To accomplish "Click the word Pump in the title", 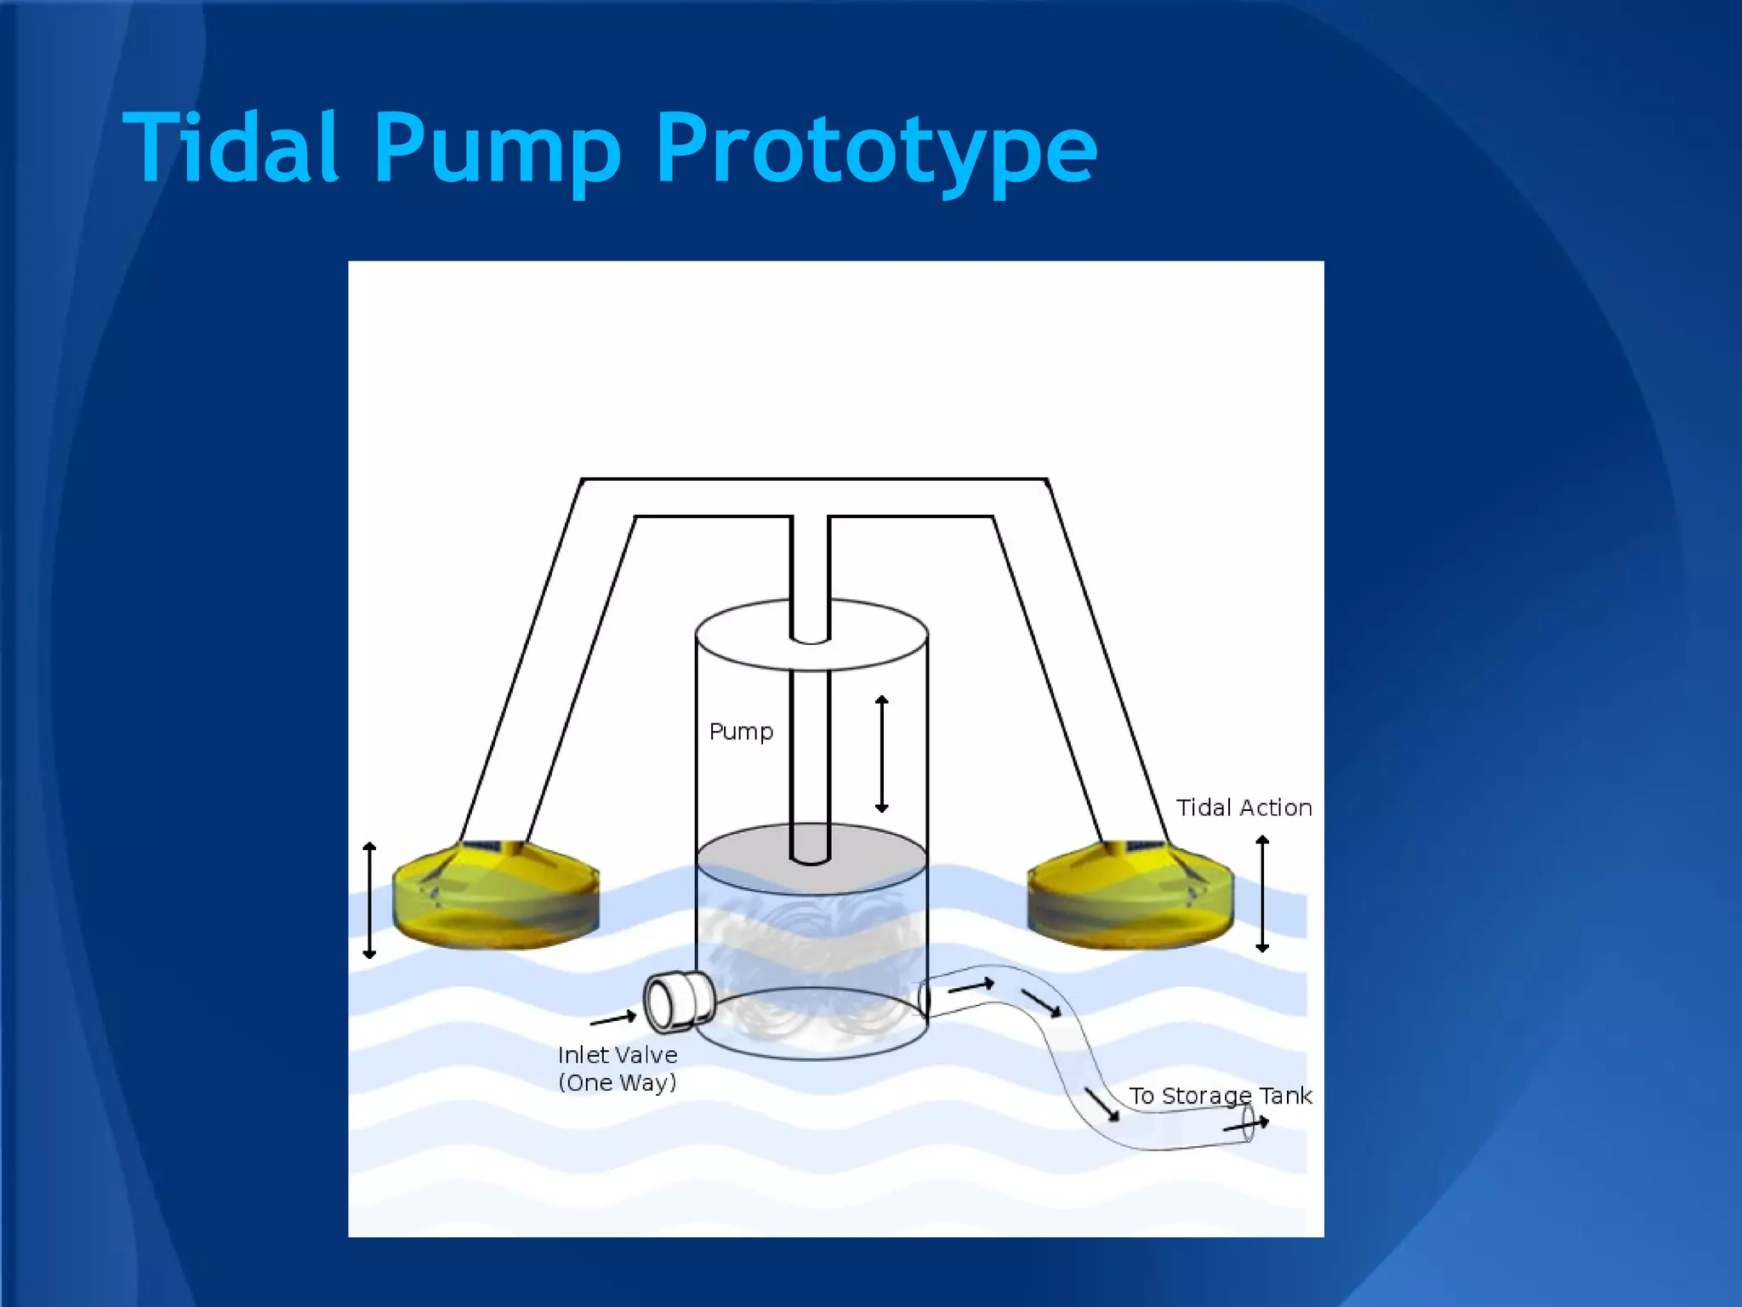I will pos(497,149).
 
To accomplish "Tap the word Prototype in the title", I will pos(876,149).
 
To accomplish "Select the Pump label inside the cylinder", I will pos(741,732).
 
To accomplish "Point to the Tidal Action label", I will pos(1244,808).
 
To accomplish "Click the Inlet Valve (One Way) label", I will pos(618,1069).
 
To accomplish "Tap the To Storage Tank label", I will pos(1220,1095).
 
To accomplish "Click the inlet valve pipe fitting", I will pos(678,1001).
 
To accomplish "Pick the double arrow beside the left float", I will pos(369,899).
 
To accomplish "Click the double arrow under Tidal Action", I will pos(1262,893).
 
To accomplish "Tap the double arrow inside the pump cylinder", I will pos(882,754).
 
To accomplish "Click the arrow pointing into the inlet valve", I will pos(613,1018).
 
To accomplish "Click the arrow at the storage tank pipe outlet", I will pos(1246,1125).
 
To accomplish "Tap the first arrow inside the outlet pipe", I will pos(971,986).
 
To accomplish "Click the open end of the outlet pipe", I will pos(1248,1124).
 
